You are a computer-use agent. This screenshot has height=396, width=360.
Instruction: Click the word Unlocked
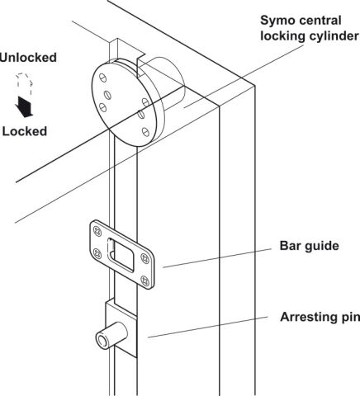[x=28, y=58]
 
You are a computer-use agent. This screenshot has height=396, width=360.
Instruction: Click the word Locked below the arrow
[x=25, y=131]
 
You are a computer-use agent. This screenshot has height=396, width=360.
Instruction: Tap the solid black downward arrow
[x=24, y=106]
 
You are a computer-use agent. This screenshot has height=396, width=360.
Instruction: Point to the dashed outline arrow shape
[x=25, y=84]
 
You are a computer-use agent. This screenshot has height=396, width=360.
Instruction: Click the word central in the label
[x=320, y=21]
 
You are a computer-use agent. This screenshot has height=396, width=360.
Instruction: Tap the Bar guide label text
[x=309, y=246]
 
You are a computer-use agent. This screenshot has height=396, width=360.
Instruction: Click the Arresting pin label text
[x=320, y=317]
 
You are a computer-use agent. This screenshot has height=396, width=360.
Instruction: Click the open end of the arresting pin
[x=102, y=341]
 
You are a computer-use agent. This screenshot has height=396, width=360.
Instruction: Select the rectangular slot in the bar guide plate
[x=121, y=255]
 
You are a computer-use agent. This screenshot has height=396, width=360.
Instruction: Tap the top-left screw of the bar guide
[x=97, y=230]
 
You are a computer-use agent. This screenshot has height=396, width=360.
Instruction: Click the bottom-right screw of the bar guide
[x=145, y=280]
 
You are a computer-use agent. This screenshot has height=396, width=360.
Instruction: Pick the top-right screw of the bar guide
[x=145, y=258]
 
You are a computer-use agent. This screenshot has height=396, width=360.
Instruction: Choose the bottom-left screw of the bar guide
[x=97, y=253]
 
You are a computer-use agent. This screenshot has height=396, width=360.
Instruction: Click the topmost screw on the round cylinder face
[x=102, y=78]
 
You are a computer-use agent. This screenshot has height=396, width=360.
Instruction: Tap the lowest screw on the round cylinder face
[x=145, y=132]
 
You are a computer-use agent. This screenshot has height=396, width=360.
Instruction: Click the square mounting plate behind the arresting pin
[x=121, y=328]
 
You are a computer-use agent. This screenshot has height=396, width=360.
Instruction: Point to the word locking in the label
[x=282, y=36]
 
